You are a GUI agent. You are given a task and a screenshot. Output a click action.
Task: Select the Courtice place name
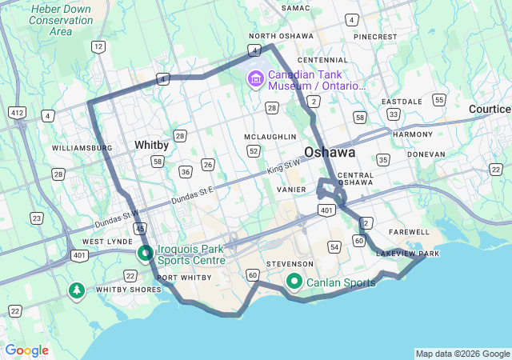pyautogui.click(x=490, y=108)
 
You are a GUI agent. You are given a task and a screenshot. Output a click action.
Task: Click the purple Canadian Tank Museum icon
pyautogui.click(x=256, y=78)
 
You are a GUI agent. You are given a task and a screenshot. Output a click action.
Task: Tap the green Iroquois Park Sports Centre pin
pyautogui.click(x=146, y=254)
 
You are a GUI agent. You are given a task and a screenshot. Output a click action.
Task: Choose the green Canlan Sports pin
pyautogui.click(x=294, y=282)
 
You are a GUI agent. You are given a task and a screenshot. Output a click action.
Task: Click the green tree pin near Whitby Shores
pyautogui.click(x=77, y=290)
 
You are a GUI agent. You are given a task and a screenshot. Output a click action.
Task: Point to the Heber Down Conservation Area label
pyautogui.click(x=50, y=20)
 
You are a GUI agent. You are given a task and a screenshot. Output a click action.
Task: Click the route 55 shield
pyautogui.click(x=439, y=99)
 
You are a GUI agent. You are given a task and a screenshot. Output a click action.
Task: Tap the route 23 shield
pyautogui.click(x=37, y=218)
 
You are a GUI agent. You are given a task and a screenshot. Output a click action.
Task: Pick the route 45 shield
pyautogui.click(x=140, y=229)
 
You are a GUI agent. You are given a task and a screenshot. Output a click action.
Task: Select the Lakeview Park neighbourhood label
pyautogui.click(x=408, y=254)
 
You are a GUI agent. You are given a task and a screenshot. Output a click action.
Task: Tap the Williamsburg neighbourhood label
pyautogui.click(x=82, y=148)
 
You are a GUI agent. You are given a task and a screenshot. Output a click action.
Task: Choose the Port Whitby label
pyautogui.click(x=185, y=278)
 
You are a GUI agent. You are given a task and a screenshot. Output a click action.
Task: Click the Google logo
pyautogui.click(x=27, y=350)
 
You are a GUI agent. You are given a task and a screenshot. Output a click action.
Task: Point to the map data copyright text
pyautogui.click(x=462, y=354)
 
